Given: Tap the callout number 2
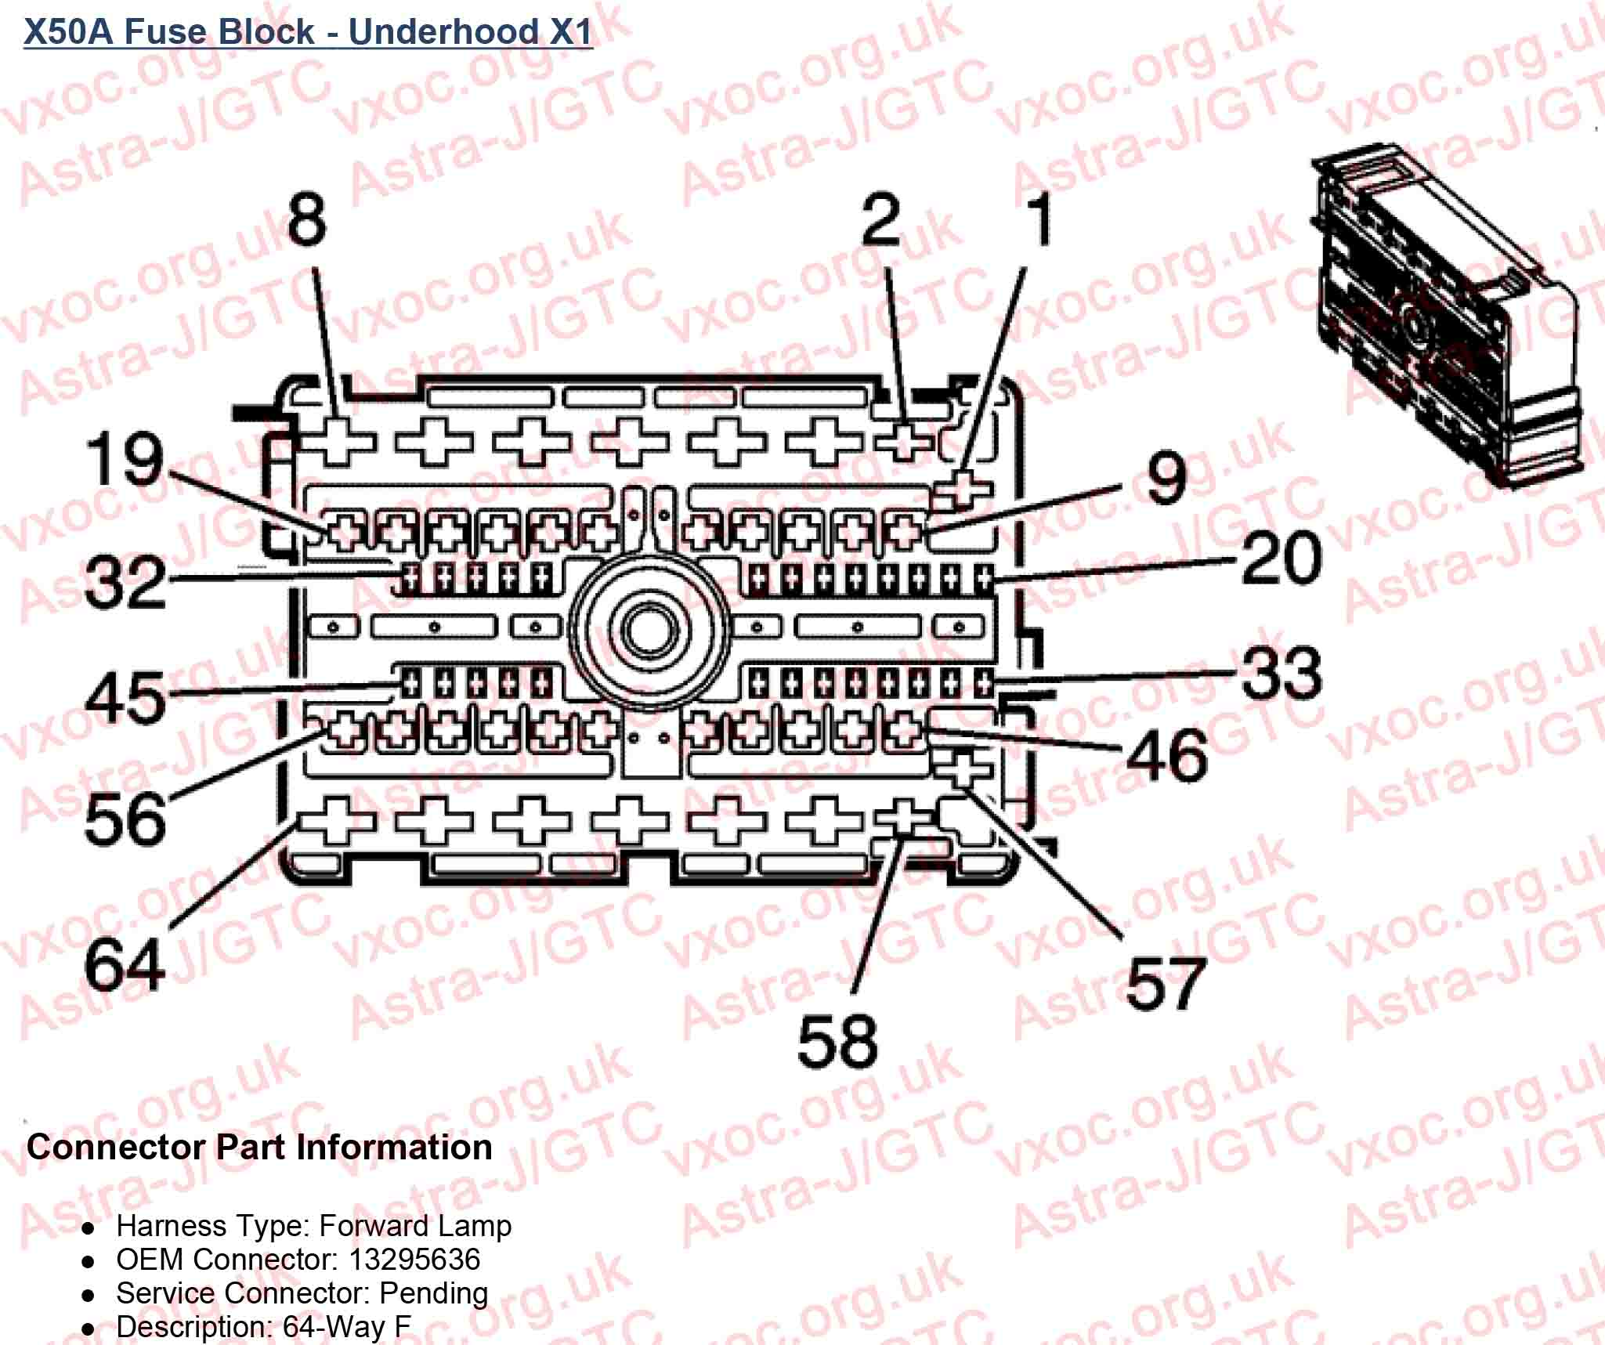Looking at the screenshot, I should pyautogui.click(x=882, y=220).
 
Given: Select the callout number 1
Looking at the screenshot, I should pyautogui.click(x=1039, y=220).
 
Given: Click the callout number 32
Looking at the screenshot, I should pyautogui.click(x=125, y=583).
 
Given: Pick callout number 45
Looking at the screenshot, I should pyautogui.click(x=125, y=697).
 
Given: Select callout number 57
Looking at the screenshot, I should pyautogui.click(x=1166, y=983).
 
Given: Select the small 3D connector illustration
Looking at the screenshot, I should pyautogui.click(x=1449, y=321).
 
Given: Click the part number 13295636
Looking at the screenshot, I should pyautogui.click(x=414, y=1259).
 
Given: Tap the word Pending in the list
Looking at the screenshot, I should pyautogui.click(x=433, y=1293).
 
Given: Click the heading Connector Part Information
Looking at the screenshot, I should pyautogui.click(x=259, y=1147).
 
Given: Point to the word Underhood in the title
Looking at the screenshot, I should pyautogui.click(x=443, y=31).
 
